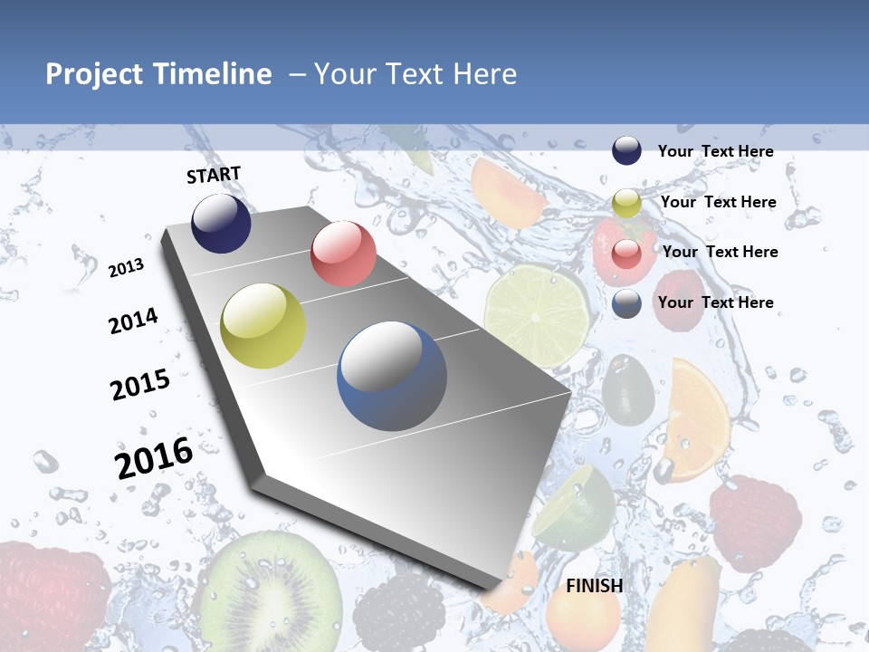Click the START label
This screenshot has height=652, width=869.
(x=214, y=175)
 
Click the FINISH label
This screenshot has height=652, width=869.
(x=594, y=586)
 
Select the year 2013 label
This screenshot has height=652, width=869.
(x=126, y=267)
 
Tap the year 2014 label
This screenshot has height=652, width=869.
(x=133, y=321)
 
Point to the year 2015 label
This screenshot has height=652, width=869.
(x=140, y=384)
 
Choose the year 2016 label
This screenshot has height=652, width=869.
(x=154, y=457)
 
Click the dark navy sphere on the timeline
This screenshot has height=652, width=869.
(x=221, y=223)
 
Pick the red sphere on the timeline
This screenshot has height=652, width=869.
(x=343, y=254)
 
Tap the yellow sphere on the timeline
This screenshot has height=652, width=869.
(x=263, y=326)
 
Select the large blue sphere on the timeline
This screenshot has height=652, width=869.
(x=392, y=376)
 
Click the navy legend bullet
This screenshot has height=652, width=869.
(x=626, y=150)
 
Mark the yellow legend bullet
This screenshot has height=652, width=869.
(x=626, y=203)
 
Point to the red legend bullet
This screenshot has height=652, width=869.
(x=626, y=253)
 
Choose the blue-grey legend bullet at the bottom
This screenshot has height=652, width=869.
(x=626, y=303)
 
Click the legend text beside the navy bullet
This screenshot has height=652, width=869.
(x=715, y=151)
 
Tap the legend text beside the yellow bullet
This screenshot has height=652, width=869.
(x=718, y=202)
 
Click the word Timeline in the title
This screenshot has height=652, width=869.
(x=213, y=74)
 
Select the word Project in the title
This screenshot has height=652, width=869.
(x=94, y=74)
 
